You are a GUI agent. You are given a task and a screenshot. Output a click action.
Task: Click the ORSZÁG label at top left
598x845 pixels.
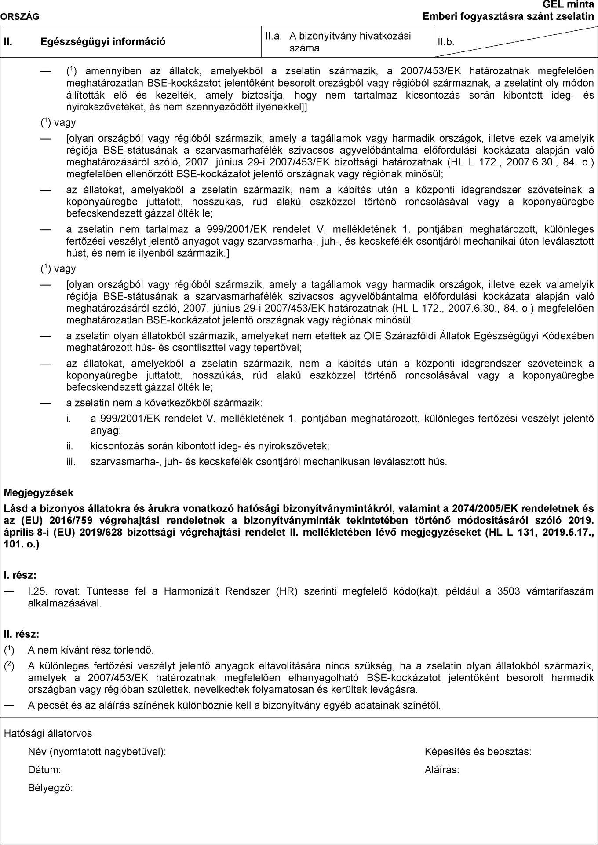tap(20, 17)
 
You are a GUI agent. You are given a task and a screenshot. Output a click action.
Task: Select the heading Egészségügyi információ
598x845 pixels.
tap(103, 42)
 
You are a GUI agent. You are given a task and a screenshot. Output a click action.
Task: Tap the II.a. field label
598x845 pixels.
tap(273, 36)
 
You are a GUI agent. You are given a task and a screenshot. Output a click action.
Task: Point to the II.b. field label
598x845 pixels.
tap(446, 42)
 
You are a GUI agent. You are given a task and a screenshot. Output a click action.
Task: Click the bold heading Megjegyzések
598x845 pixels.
tap(38, 492)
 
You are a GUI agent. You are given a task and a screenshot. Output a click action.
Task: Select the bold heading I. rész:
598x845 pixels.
tap(20, 575)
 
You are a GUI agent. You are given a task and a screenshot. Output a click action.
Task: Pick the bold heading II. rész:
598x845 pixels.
tap(22, 634)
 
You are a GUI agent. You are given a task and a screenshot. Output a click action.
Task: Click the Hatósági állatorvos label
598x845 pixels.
tap(48, 733)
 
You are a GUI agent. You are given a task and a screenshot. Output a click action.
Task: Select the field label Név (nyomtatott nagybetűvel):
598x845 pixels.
tap(97, 752)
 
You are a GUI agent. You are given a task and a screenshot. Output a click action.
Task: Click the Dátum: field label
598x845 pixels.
tap(44, 770)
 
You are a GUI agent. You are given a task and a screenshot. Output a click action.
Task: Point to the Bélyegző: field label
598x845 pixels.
tap(50, 788)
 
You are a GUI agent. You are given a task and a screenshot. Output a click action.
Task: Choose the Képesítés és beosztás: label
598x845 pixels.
tap(478, 752)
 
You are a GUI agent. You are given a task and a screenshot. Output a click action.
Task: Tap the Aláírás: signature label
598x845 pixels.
tap(442, 770)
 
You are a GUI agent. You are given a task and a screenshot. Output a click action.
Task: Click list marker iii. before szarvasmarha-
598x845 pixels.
tap(71, 462)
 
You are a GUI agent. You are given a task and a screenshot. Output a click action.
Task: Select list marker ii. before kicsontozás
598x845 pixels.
tap(69, 446)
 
